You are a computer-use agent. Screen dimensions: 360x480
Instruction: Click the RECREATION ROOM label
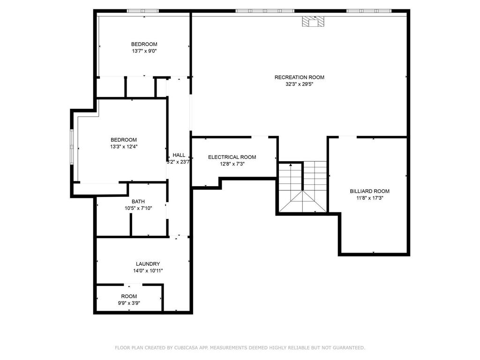click(x=299, y=77)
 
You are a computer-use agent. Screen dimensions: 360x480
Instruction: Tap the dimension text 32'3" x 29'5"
click(x=299, y=84)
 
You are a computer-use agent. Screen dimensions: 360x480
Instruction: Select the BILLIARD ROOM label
click(x=369, y=191)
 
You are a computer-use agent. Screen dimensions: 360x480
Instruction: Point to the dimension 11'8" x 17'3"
click(x=369, y=198)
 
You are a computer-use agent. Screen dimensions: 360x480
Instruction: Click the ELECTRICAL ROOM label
click(x=232, y=157)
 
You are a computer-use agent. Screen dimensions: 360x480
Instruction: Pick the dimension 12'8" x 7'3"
click(x=232, y=164)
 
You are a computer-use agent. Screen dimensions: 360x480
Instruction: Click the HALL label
click(x=179, y=155)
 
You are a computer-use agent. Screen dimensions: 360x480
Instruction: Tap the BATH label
click(x=138, y=202)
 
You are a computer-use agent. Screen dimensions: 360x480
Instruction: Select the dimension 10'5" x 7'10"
click(x=138, y=209)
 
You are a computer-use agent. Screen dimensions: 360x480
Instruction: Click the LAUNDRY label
click(x=148, y=264)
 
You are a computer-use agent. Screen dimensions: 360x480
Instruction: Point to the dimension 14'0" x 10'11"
click(x=148, y=271)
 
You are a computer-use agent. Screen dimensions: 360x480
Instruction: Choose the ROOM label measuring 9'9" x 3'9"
click(x=129, y=296)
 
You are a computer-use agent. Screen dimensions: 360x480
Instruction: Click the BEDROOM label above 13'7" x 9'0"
click(x=144, y=44)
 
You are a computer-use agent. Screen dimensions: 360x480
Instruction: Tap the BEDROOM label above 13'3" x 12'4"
click(x=123, y=140)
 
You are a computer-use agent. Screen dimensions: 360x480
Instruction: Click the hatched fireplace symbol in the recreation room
click(x=312, y=22)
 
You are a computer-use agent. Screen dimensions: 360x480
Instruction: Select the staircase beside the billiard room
click(x=302, y=187)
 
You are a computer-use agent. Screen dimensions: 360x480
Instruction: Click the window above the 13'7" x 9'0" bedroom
click(x=143, y=11)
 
